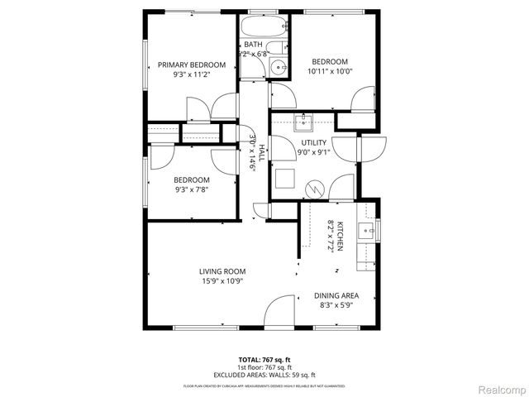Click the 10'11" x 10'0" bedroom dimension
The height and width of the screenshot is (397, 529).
[x=329, y=71]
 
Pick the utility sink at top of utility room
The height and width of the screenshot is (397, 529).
[x=303, y=122]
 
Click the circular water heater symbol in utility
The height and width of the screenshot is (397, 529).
[x=315, y=189]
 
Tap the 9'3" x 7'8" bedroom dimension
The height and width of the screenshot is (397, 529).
[x=191, y=189]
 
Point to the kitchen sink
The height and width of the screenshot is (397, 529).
[x=365, y=228]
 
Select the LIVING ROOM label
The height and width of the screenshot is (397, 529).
[x=222, y=270]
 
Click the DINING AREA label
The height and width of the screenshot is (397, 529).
[x=336, y=295]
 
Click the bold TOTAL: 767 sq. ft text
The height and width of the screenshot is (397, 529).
[x=264, y=360]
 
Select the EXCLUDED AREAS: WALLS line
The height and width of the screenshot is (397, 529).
[x=264, y=375]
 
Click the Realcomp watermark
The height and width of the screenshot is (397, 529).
[x=502, y=389]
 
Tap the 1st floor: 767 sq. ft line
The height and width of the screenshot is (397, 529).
[x=264, y=367]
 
